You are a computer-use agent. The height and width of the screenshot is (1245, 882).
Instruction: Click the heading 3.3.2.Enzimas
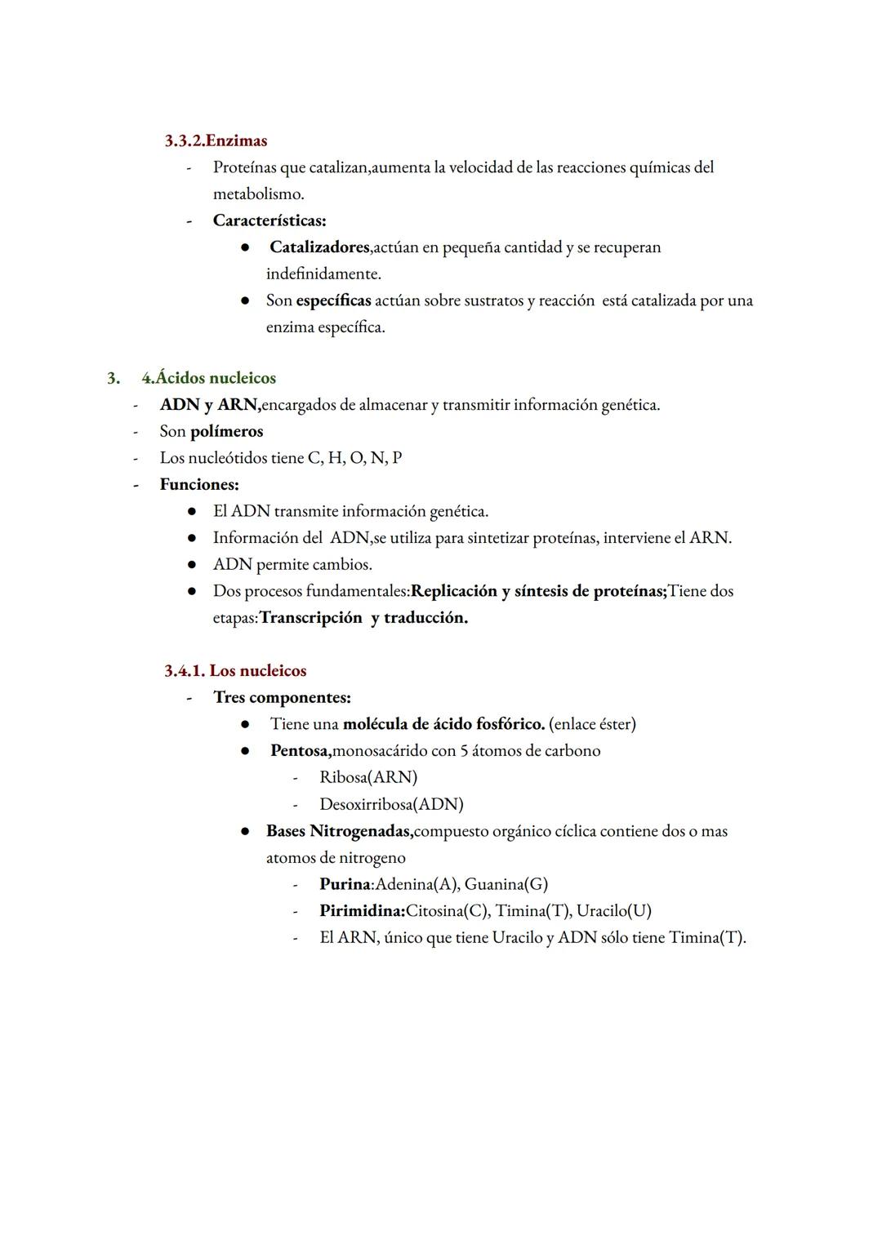pyautogui.click(x=216, y=140)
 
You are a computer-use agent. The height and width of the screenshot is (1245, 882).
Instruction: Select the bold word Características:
pyautogui.click(x=269, y=220)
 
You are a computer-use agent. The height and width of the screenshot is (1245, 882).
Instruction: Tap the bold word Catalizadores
pyautogui.click(x=319, y=247)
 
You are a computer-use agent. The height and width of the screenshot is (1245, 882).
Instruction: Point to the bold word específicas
pyautogui.click(x=333, y=300)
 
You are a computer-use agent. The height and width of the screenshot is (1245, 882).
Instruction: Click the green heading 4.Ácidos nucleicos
pyautogui.click(x=208, y=378)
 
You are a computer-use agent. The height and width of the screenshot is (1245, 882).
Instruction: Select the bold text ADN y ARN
pyautogui.click(x=210, y=405)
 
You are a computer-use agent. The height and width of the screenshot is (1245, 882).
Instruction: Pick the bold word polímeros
pyautogui.click(x=226, y=431)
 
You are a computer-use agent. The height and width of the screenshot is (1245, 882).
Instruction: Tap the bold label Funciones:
pyautogui.click(x=199, y=484)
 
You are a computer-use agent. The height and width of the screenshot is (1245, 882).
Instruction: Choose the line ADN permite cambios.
pyautogui.click(x=292, y=564)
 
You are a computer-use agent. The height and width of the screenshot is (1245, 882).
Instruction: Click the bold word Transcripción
pyautogui.click(x=310, y=618)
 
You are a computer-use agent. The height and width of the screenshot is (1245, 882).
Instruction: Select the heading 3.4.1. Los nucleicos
pyautogui.click(x=235, y=671)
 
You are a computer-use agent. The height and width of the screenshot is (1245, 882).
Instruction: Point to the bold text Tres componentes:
pyautogui.click(x=282, y=697)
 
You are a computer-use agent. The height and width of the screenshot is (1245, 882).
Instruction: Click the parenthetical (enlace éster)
pyautogui.click(x=592, y=724)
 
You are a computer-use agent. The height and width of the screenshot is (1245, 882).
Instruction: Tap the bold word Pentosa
pyautogui.click(x=301, y=750)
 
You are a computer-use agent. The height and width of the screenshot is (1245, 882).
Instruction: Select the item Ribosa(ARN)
pyautogui.click(x=368, y=777)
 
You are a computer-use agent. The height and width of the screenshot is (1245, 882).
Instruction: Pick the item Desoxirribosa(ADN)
pyautogui.click(x=391, y=804)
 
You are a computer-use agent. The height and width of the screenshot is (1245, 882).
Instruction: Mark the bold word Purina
pyautogui.click(x=345, y=884)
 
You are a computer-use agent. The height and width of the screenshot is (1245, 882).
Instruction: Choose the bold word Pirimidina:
pyautogui.click(x=362, y=911)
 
